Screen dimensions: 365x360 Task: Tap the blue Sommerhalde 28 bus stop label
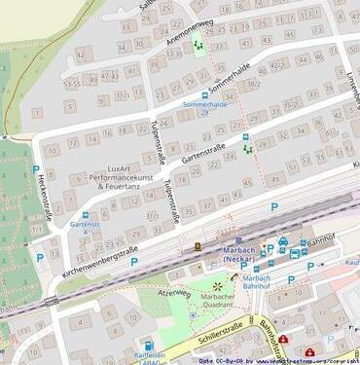point(190,107)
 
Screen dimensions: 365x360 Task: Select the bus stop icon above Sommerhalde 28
point(204,94)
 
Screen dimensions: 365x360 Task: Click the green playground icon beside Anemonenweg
point(198,42)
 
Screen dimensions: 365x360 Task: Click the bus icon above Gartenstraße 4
point(86,215)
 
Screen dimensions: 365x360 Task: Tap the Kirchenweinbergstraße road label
point(97,258)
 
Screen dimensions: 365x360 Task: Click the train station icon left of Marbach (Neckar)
point(198,246)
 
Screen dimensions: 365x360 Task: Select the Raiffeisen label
point(149,357)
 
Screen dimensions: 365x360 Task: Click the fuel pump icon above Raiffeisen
point(149,345)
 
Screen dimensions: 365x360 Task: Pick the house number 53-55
point(72,84)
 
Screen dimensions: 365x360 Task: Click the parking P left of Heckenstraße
point(40,258)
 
